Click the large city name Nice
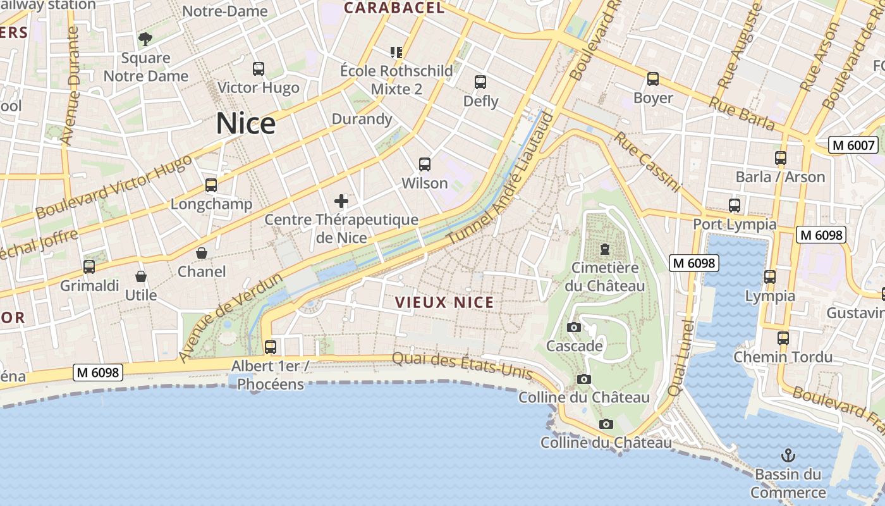[245, 123]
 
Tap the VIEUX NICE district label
[444, 302]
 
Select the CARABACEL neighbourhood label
[394, 8]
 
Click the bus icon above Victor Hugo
[258, 69]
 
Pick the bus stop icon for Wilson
[425, 164]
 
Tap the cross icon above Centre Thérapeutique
[341, 202]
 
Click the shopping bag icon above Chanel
[202, 254]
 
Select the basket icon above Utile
[141, 277]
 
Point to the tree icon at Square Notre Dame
[145, 39]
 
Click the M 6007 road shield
[853, 145]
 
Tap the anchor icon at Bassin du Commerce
[788, 455]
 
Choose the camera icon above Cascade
[574, 328]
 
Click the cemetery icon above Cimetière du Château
[605, 249]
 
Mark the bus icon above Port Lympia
[734, 206]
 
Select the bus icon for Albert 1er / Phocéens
[271, 347]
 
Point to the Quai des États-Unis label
[461, 366]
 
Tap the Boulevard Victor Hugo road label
[114, 187]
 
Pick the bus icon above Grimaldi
[89, 267]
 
